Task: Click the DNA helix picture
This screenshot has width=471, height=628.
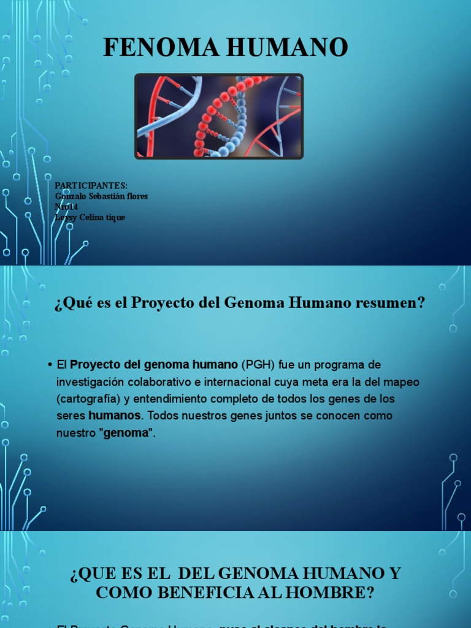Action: click(219, 117)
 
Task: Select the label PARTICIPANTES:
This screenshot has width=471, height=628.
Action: click(91, 186)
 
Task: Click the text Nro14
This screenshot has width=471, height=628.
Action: click(67, 207)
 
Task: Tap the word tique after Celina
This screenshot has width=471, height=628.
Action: click(115, 217)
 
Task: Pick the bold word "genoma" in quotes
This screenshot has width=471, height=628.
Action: click(128, 433)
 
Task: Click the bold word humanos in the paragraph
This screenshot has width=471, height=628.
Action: click(115, 416)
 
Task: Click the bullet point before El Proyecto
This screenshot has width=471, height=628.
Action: click(48, 365)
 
